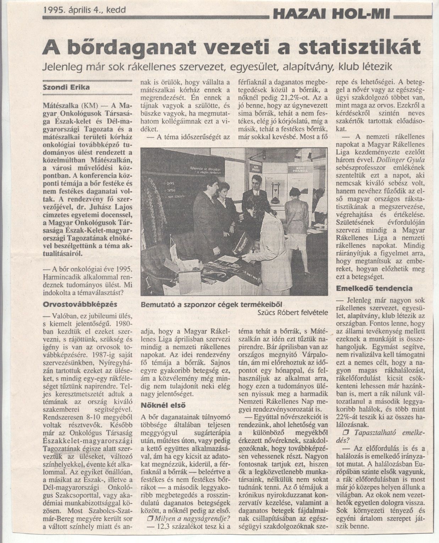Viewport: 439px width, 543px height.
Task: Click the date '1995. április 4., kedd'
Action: pos(84,10)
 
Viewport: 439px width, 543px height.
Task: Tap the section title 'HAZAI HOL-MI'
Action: pos(331,15)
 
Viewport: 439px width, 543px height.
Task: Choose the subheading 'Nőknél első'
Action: pos(163,405)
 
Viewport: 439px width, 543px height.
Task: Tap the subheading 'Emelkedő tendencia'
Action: pos(374,288)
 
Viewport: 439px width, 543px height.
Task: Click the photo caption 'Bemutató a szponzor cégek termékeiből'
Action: pos(211,304)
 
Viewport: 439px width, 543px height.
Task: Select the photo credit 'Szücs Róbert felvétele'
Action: pos(292,313)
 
